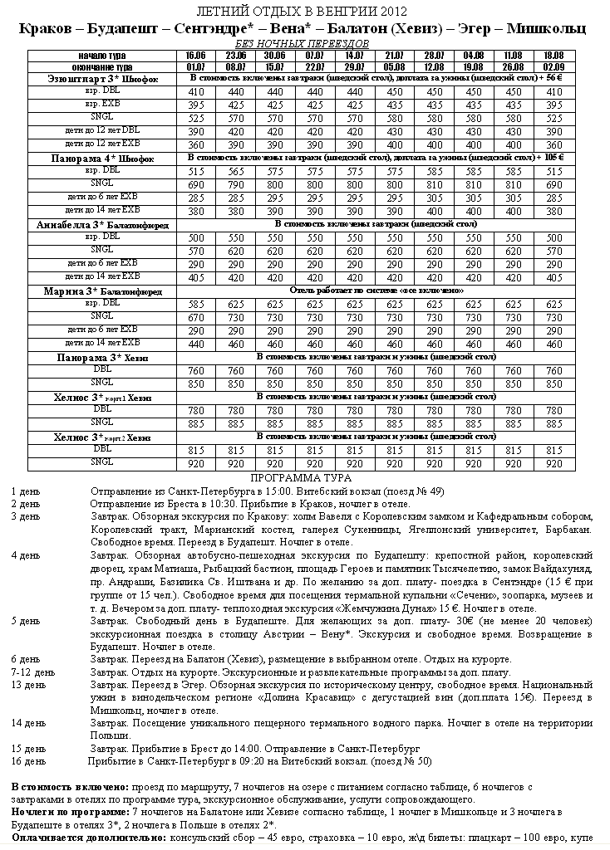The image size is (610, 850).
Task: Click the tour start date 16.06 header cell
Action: pos(196,55)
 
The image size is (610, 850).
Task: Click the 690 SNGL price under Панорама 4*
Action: pos(196,183)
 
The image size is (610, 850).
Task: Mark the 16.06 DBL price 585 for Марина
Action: pos(196,304)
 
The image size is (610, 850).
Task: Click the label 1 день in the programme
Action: pos(25,491)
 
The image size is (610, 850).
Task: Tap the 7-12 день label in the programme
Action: pos(33,672)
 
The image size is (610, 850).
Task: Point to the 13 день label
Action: pos(28,685)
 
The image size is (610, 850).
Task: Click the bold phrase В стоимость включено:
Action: pos(70,786)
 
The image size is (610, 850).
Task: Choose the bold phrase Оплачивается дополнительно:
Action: pos(89,838)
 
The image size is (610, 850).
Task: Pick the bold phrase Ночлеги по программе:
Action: pos(71,812)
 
